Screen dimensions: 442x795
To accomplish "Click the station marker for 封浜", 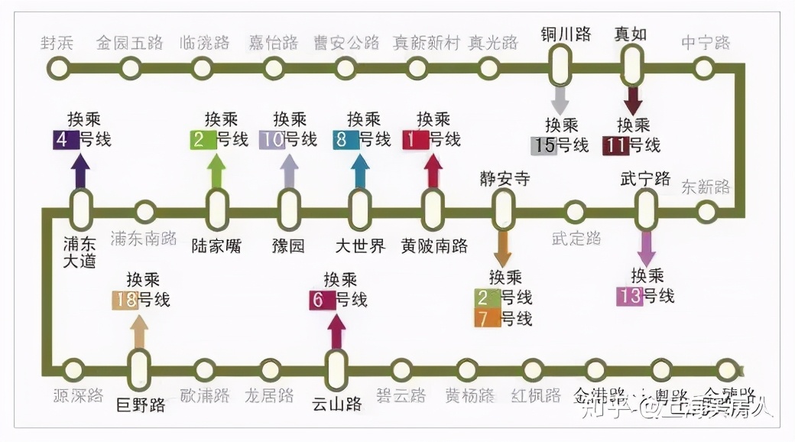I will pyautogui.click(x=57, y=68).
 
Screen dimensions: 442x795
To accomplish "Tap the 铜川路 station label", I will pyautogui.click(x=566, y=34).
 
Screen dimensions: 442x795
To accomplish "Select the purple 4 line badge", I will pyautogui.click(x=62, y=140).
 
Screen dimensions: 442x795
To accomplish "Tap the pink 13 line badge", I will pyautogui.click(x=629, y=296).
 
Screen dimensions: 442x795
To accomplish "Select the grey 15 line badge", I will pyautogui.click(x=544, y=145).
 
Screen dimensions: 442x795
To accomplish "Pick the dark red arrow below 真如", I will pyautogui.click(x=633, y=100).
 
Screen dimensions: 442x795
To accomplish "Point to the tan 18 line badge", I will pyautogui.click(x=125, y=300).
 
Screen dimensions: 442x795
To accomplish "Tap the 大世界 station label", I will pyautogui.click(x=361, y=246).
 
